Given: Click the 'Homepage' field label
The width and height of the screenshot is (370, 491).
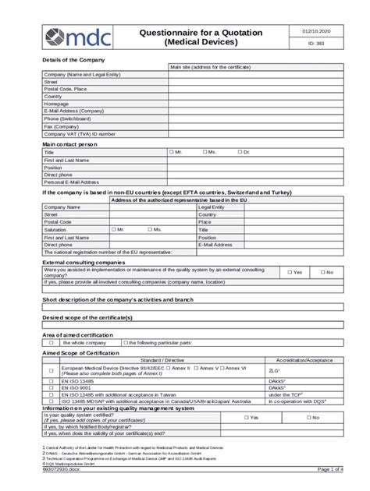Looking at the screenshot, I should pyautogui.click(x=57, y=104).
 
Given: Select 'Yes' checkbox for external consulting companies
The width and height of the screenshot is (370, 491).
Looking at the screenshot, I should pyautogui.click(x=290, y=272).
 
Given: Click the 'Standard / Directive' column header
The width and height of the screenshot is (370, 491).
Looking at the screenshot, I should pyautogui.click(x=162, y=359).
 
